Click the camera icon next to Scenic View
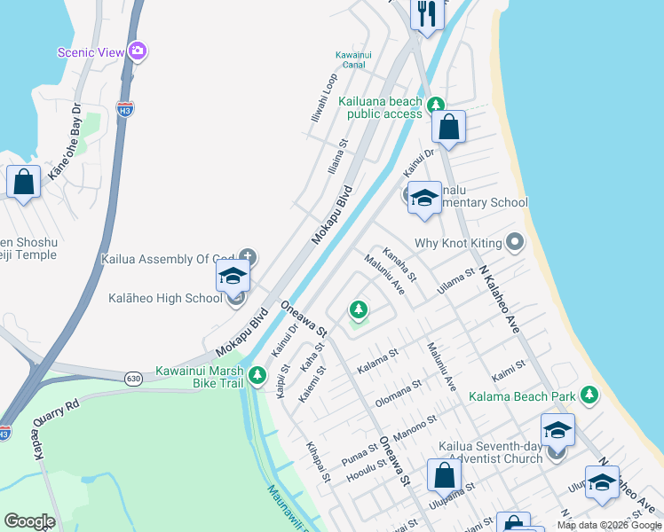137,51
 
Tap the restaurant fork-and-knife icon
427,13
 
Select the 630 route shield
133,378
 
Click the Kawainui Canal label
353,59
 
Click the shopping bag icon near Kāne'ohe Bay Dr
23,182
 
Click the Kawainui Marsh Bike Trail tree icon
257,376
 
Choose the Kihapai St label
318,462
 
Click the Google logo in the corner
29,521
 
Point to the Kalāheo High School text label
165,298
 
